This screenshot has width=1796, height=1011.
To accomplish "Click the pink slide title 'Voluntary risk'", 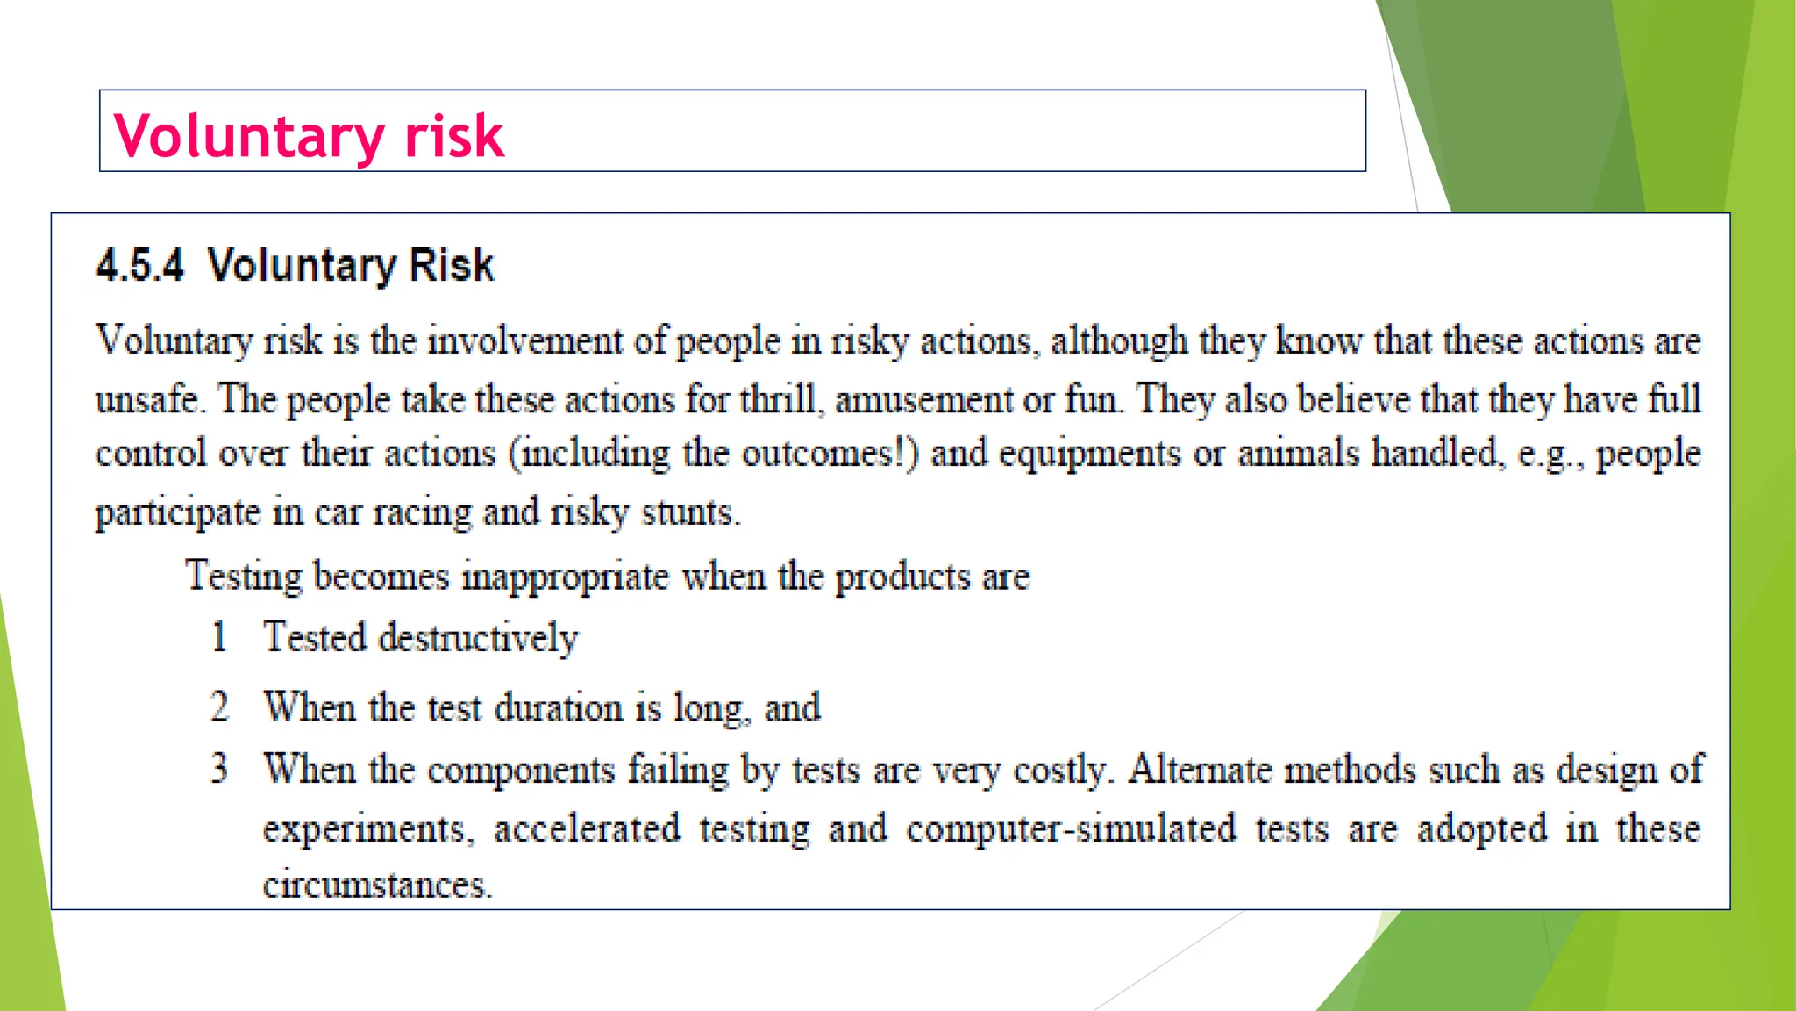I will pos(309,136).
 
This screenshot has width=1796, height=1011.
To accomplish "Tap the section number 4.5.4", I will pos(140,265).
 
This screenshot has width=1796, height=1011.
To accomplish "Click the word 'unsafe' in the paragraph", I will pos(147,399).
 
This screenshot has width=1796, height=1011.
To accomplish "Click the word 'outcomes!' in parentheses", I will pos(830,454).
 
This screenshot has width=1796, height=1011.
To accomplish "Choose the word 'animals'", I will pos(1298,454).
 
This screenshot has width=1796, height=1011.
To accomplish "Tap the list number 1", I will pos(219,636).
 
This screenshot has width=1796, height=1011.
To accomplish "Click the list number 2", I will pos(219,707).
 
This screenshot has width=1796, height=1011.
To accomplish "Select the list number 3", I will pos(219,769).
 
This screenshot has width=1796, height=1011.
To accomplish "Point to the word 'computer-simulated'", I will pos(1071,828).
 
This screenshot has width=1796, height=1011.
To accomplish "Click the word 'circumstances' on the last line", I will pos(377,885).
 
